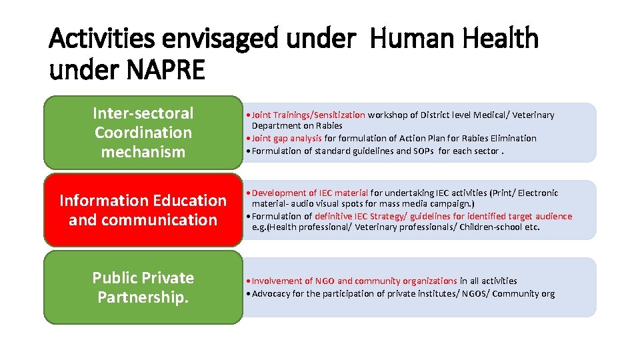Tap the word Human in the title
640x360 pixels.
[407, 39]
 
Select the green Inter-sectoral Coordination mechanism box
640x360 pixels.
[143, 132]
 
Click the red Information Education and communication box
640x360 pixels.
[143, 209]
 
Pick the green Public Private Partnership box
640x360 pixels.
[143, 287]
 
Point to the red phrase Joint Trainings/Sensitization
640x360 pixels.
[309, 115]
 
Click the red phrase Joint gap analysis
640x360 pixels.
[287, 139]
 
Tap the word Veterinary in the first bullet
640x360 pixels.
[533, 115]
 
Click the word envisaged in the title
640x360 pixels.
[223, 39]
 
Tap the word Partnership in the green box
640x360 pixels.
[143, 297]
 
